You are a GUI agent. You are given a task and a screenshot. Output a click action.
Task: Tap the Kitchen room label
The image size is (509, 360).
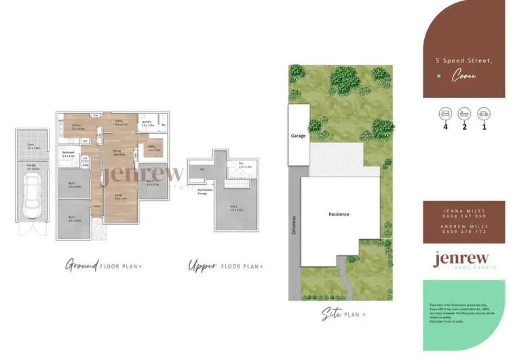click(77, 128)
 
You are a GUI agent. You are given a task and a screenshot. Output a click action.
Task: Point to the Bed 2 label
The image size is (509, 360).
click(74, 219)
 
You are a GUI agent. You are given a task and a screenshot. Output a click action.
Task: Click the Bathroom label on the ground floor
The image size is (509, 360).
click(69, 153)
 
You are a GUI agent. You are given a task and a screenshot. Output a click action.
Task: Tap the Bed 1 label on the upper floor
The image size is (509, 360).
click(235, 207)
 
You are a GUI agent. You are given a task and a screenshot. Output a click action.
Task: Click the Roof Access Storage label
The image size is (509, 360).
click(203, 192)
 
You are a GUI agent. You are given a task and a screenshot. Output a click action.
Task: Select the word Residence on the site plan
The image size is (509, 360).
click(339, 214)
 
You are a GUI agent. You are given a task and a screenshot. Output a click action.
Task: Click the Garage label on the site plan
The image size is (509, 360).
click(298, 136)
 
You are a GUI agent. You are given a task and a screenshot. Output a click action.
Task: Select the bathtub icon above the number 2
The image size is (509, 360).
click(465, 113)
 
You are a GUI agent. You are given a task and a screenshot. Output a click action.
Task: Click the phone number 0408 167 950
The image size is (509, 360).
click(466, 215)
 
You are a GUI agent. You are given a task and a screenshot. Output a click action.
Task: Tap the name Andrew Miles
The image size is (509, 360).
click(466, 225)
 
